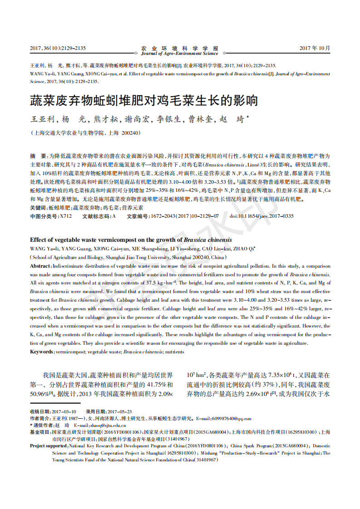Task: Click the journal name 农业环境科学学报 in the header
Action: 179,48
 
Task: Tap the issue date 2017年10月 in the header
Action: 315,48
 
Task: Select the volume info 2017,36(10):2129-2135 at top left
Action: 58,48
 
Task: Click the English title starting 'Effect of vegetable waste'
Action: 131,240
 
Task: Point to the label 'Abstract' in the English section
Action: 40,266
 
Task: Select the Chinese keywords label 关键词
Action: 38,207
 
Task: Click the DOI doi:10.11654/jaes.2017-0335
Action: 261,216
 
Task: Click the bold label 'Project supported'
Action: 48,446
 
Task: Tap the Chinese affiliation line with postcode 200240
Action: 86,133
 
